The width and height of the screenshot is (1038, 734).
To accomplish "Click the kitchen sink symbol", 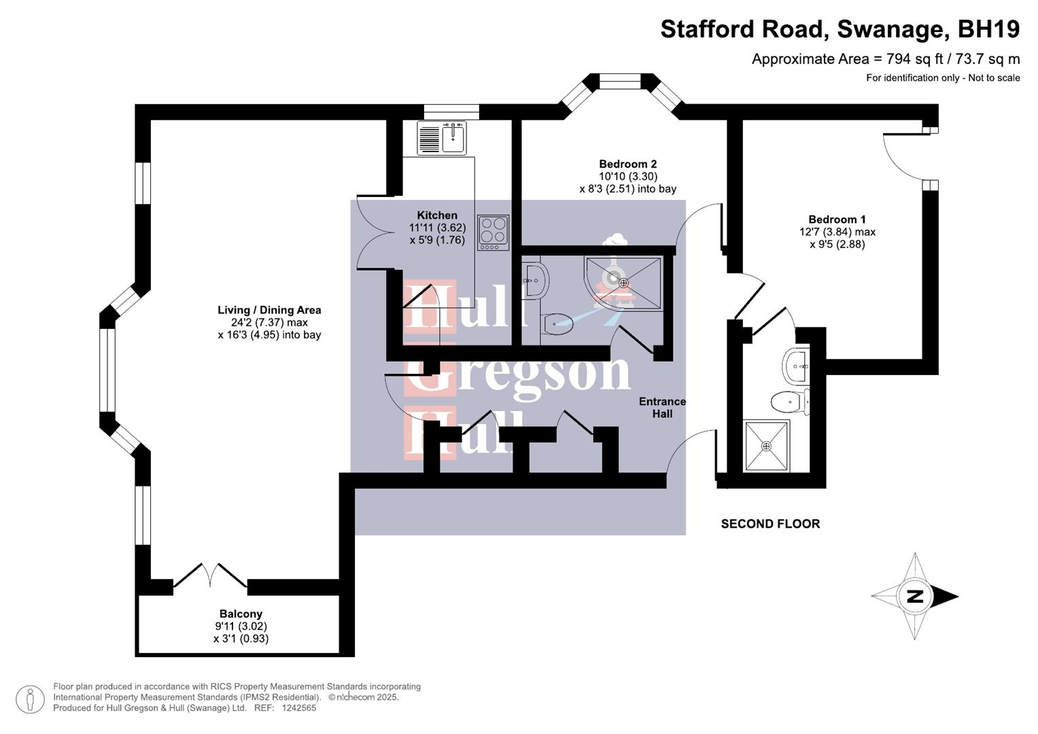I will (442, 137).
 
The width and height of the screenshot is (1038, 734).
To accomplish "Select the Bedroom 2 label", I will (627, 164).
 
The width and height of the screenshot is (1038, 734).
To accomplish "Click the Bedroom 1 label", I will (837, 220).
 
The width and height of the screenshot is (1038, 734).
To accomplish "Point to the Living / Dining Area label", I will (269, 310).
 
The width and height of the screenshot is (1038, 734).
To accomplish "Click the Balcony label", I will (241, 614).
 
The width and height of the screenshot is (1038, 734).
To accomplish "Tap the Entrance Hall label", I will (662, 408).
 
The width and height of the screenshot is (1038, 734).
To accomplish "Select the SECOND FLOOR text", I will (770, 524).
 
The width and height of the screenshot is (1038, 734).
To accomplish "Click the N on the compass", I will (914, 597).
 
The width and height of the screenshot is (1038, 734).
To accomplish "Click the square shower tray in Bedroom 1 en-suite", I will (767, 446).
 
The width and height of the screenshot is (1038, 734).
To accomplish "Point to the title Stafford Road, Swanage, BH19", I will (840, 29).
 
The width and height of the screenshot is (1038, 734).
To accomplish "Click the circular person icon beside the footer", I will (30, 699).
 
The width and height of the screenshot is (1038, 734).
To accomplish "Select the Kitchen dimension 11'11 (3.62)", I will (437, 228).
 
